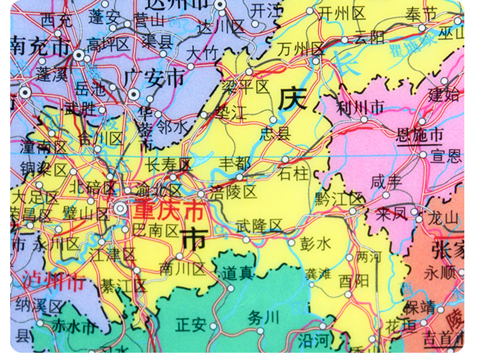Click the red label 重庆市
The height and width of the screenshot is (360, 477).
(168, 211)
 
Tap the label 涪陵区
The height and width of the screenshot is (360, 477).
(234, 193)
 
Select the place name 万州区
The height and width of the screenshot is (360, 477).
(301, 50)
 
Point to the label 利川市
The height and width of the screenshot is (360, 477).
(360, 108)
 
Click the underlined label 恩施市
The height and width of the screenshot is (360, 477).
(419, 135)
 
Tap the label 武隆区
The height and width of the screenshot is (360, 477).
(259, 226)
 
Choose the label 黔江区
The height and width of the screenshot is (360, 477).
(339, 198)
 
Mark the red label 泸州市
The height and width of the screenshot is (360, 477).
(53, 281)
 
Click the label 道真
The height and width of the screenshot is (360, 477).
(237, 272)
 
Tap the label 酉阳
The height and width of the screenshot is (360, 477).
(353, 281)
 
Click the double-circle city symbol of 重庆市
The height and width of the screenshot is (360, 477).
(121, 209)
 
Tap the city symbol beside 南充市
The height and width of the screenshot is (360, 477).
(79, 54)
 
